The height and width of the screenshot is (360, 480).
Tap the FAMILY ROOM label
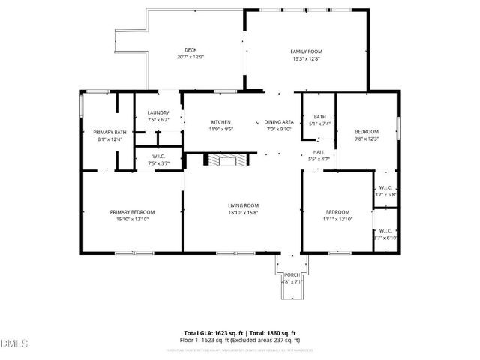(x=307, y=51)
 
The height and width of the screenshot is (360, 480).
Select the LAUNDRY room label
(x=158, y=112)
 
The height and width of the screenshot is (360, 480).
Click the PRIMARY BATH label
(x=109, y=133)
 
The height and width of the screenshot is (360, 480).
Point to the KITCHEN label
(x=220, y=122)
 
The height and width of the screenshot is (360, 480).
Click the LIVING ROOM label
(x=244, y=205)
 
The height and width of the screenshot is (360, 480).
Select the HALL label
(x=319, y=152)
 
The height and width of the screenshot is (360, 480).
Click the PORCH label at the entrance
(x=291, y=275)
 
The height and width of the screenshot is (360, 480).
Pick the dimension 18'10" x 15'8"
(x=244, y=212)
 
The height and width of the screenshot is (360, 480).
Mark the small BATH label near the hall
(x=320, y=117)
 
